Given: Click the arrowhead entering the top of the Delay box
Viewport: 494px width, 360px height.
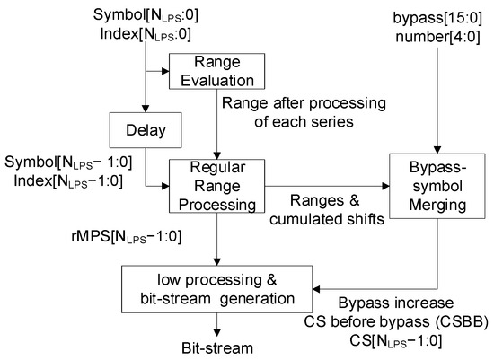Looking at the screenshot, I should pos(139,107).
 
